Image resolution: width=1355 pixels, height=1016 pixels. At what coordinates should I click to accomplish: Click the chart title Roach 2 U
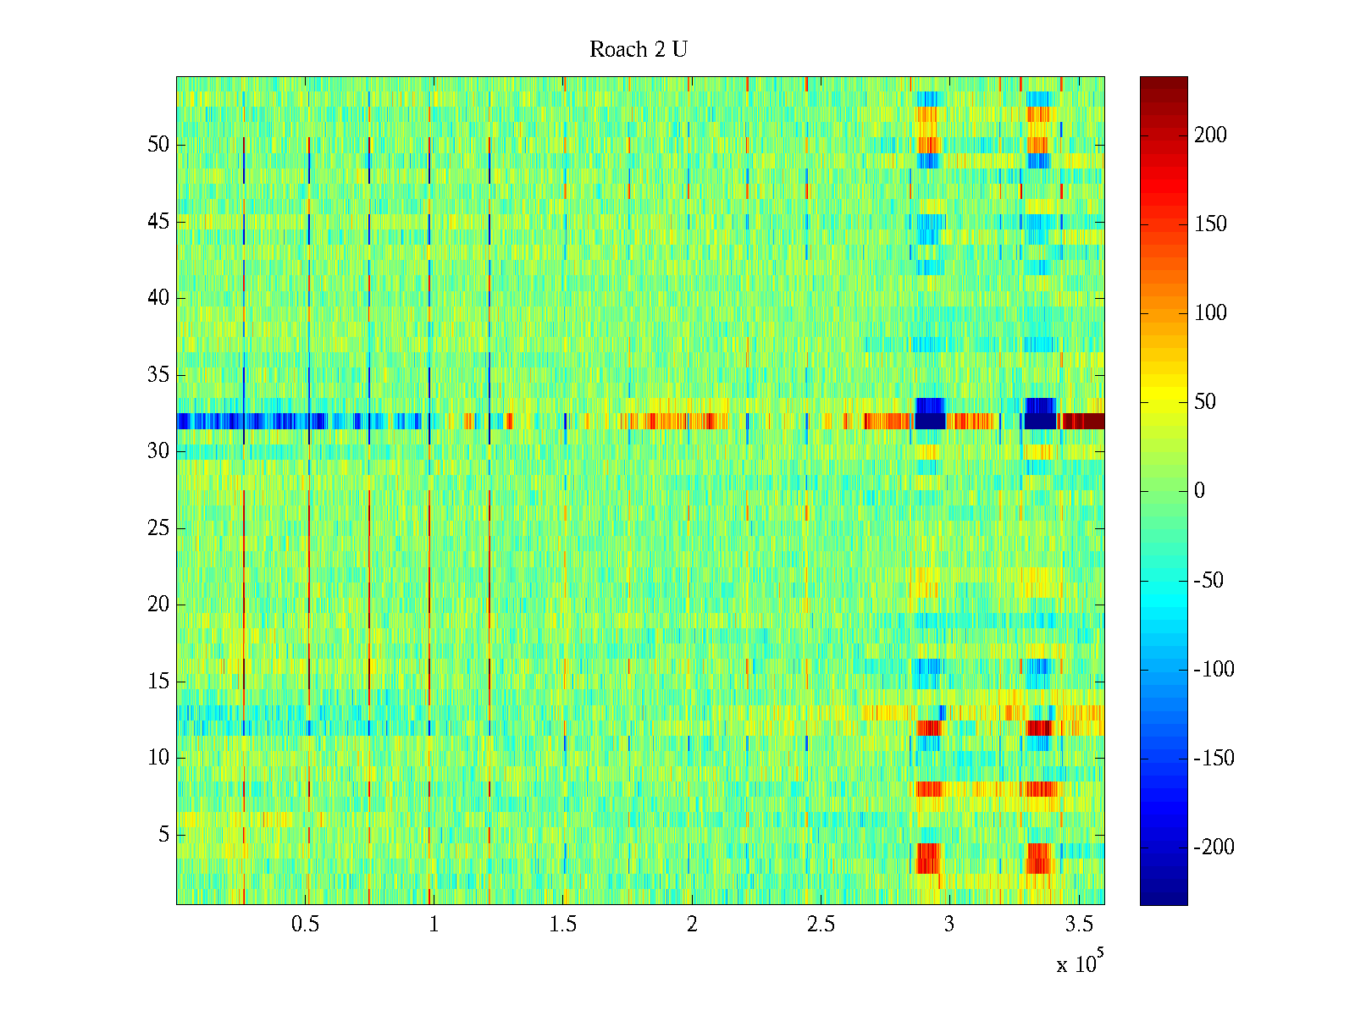click(x=639, y=50)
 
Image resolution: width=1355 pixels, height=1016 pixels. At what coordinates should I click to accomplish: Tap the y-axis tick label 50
click(x=158, y=145)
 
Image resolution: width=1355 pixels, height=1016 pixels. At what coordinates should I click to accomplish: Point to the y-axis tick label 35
click(x=158, y=375)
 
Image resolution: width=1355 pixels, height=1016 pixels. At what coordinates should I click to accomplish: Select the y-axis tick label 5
click(x=163, y=835)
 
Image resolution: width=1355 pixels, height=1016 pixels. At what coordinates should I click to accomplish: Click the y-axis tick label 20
click(x=158, y=605)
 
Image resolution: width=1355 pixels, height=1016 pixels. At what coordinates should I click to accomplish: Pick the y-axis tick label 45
click(x=158, y=222)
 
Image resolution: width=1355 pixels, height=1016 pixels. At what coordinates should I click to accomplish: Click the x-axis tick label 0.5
click(x=305, y=925)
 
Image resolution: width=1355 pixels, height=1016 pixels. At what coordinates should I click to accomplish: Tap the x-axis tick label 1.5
click(x=563, y=925)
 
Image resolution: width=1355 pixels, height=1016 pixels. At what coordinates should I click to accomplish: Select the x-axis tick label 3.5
click(x=1078, y=925)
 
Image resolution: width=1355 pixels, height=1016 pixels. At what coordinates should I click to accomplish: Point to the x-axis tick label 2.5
click(x=821, y=925)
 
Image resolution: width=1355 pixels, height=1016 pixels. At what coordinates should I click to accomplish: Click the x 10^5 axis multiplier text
click(x=1079, y=964)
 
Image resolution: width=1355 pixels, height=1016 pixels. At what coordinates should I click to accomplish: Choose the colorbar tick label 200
click(x=1210, y=135)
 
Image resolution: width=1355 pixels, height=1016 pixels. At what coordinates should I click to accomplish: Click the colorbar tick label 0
click(x=1199, y=491)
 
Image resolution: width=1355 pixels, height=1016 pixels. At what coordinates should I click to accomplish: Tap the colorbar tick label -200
click(x=1214, y=848)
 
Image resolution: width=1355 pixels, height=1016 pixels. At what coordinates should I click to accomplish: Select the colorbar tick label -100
click(x=1214, y=670)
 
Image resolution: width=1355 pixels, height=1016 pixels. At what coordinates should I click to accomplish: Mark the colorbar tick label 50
click(x=1205, y=402)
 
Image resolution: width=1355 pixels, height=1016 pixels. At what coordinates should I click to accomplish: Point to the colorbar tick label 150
click(x=1210, y=224)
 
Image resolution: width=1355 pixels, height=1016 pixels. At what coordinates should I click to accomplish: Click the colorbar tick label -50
click(x=1208, y=581)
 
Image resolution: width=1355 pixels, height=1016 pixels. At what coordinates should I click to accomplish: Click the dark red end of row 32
click(x=1084, y=421)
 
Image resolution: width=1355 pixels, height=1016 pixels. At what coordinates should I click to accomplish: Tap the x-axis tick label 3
click(x=949, y=925)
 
